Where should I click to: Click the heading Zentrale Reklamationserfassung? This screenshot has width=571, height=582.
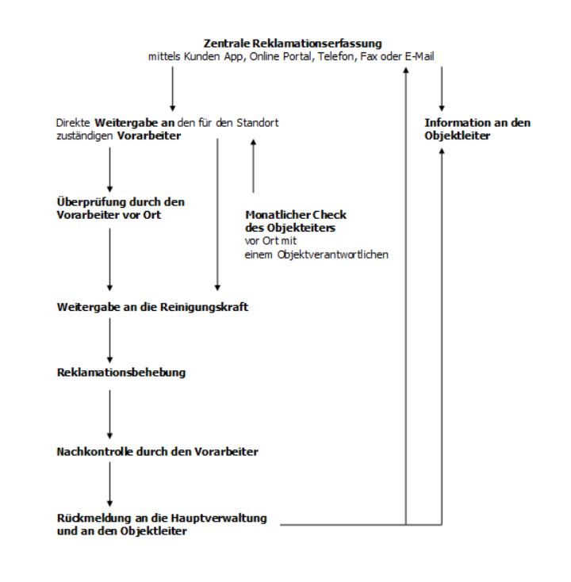click(x=293, y=44)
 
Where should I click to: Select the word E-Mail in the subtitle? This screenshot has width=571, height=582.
click(x=420, y=56)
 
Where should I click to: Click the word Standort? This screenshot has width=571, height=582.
click(x=258, y=123)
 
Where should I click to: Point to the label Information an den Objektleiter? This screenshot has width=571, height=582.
click(x=477, y=129)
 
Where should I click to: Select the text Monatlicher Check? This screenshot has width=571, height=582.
click(x=296, y=215)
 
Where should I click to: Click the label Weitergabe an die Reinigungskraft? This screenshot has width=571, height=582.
click(x=152, y=308)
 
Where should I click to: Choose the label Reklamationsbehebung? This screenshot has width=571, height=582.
click(x=121, y=373)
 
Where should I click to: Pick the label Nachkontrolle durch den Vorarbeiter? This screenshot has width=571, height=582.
click(x=157, y=452)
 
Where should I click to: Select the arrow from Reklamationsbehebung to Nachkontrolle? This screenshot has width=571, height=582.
click(x=109, y=414)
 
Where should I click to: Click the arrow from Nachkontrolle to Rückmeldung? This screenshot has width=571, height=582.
click(x=109, y=484)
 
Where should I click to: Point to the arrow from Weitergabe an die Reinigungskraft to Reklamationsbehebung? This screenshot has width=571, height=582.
click(x=109, y=340)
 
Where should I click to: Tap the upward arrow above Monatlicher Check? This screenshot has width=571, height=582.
click(x=253, y=166)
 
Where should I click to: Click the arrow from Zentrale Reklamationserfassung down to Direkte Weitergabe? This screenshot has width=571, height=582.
click(x=172, y=89)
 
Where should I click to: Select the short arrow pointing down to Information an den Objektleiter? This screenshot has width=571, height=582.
click(x=442, y=89)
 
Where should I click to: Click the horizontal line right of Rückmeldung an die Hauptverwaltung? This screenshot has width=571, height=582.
click(x=361, y=524)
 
